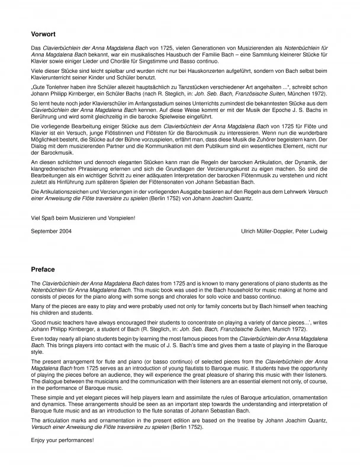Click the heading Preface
click(43, 269)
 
